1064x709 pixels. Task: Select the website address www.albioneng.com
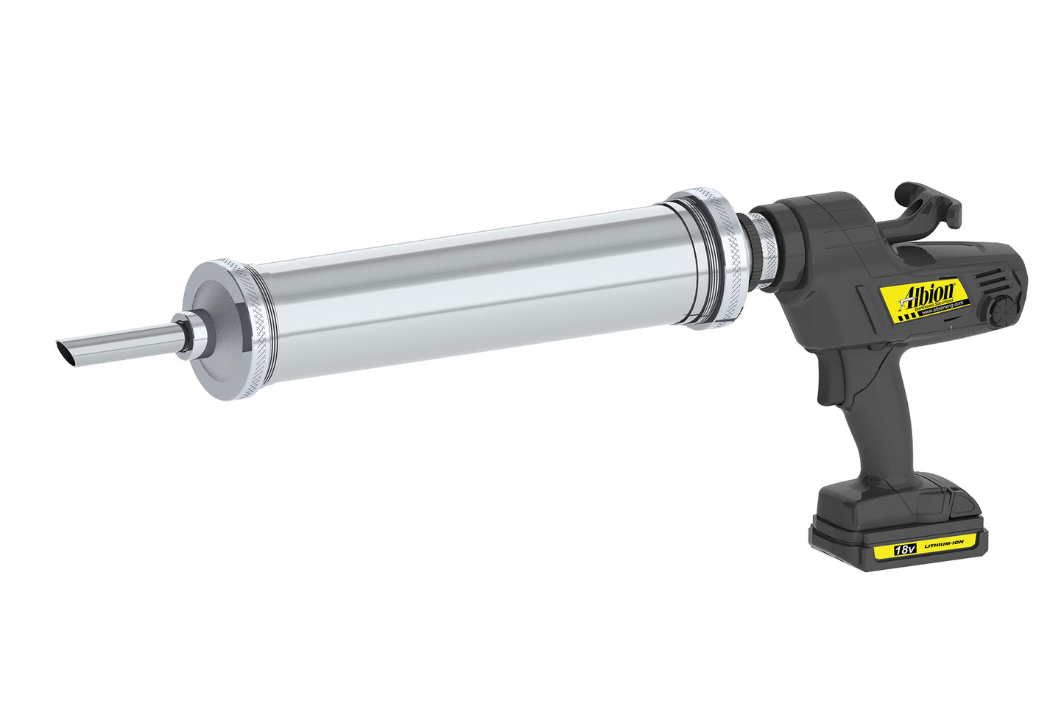click(945, 309)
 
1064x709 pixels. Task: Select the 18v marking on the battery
click(903, 549)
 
